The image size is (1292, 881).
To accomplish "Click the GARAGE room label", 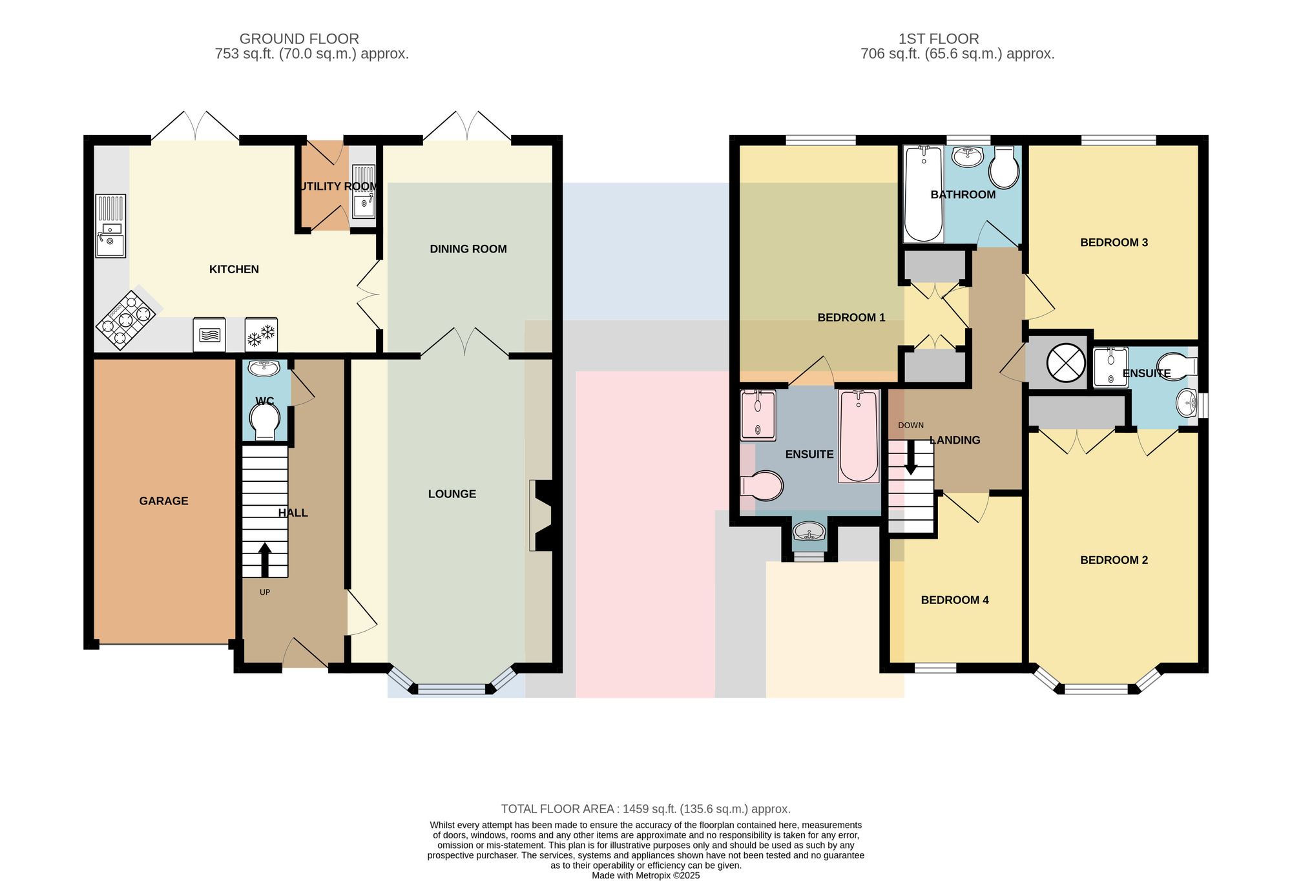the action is [163, 501].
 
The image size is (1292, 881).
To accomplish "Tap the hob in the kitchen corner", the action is [126, 320].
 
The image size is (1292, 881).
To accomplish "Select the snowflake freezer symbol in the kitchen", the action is [261, 335].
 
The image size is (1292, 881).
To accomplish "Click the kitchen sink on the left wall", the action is [110, 226].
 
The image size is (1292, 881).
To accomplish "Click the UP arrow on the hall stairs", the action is [265, 559].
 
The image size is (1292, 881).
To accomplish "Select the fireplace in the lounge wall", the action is [541, 515].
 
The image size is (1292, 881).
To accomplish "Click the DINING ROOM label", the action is [468, 249].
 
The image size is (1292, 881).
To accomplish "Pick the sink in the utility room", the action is [364, 192].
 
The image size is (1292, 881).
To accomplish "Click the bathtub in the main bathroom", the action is [924, 194].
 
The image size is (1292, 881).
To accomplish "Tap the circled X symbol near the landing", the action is [1066, 362].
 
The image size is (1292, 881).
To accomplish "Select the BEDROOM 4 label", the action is [955, 600].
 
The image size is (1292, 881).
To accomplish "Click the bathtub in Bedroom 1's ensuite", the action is [859, 436].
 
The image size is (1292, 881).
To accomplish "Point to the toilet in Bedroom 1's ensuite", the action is [762, 486].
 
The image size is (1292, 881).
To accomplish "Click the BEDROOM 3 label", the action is [1114, 242].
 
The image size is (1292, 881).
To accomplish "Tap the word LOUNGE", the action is [452, 494].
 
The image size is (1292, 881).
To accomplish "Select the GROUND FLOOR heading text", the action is [299, 39].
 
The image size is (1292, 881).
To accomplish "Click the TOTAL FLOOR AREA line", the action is [646, 809].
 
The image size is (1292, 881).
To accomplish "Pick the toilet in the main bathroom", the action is [1004, 168].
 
